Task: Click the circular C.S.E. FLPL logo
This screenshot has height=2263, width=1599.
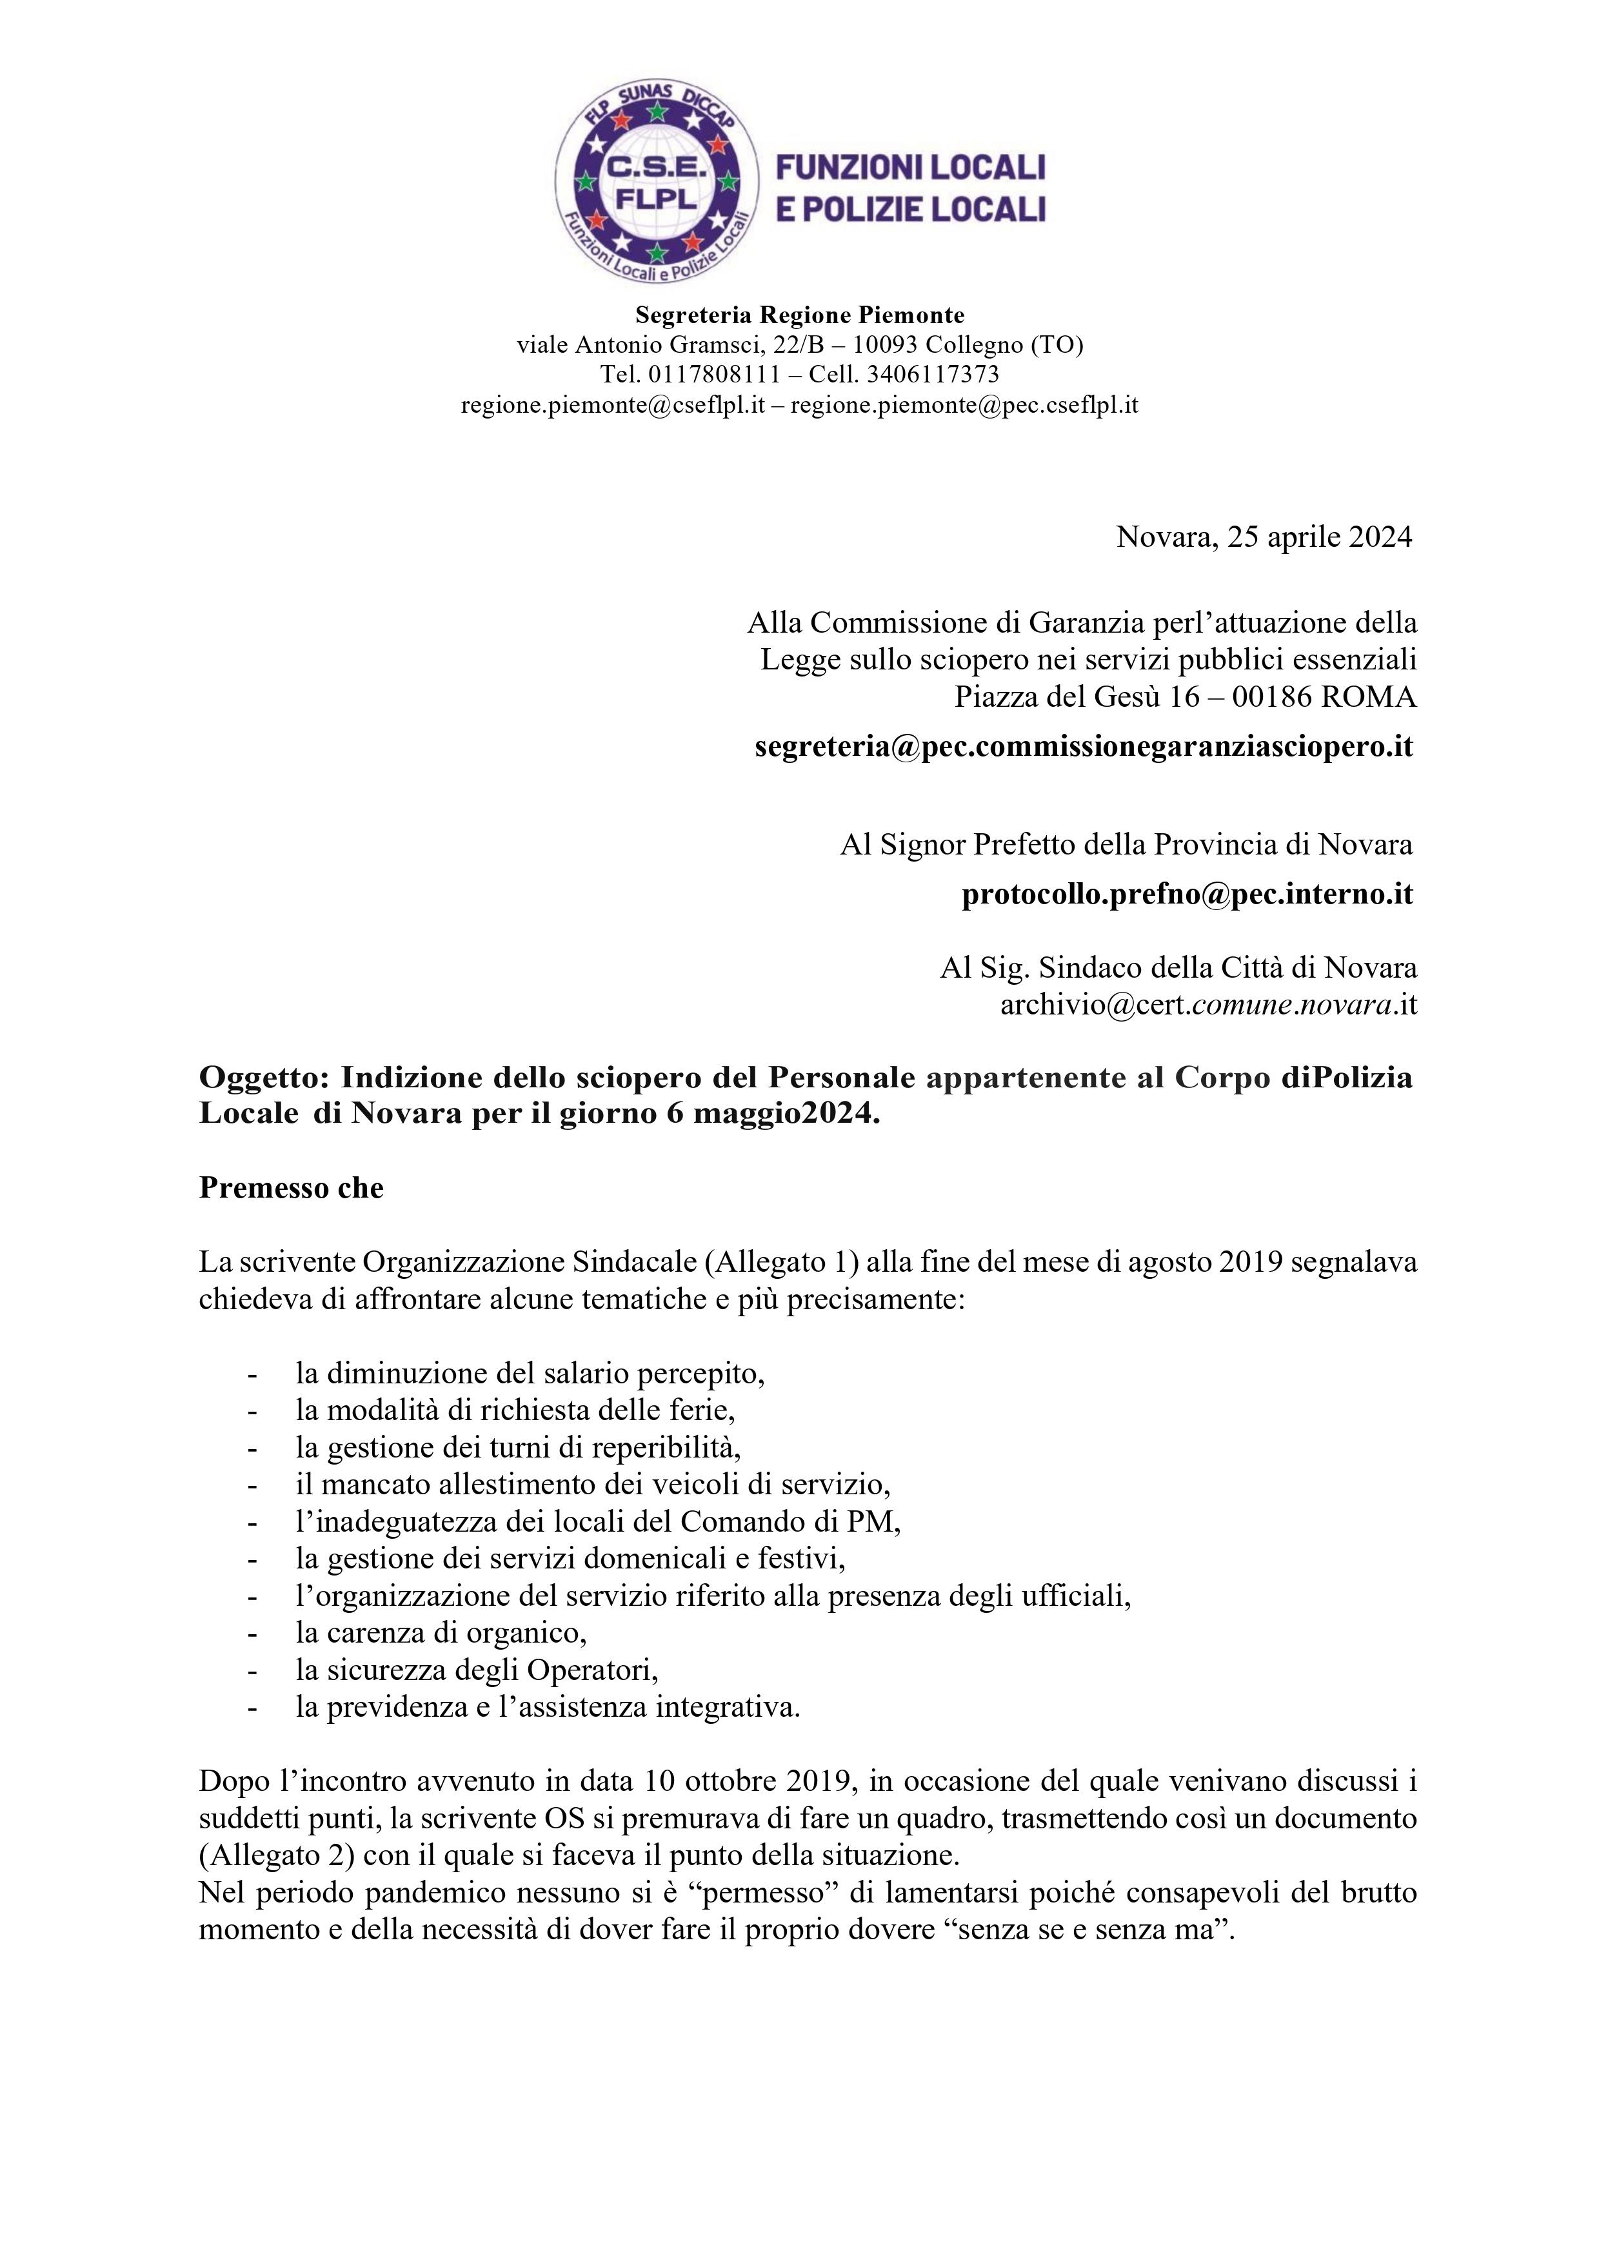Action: click(655, 183)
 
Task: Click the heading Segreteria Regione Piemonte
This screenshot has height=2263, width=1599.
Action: click(800, 315)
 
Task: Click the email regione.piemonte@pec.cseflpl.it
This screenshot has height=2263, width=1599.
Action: click(964, 404)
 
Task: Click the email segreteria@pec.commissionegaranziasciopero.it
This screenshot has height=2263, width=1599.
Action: click(1084, 746)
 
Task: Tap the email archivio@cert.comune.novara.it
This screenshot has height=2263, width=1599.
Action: click(1209, 1004)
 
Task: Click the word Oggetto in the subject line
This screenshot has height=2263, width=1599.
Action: click(258, 1077)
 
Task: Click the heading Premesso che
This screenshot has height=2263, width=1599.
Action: click(291, 1188)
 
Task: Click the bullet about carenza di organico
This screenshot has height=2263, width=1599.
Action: click(441, 1633)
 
